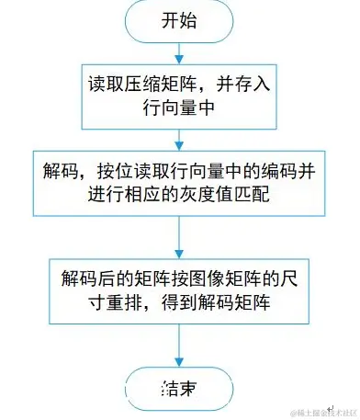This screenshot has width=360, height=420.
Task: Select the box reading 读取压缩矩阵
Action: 179,96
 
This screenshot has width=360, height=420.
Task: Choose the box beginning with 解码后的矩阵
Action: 179,289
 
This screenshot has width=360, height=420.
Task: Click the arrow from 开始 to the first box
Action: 179,52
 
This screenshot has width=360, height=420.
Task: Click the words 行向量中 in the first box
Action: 179,108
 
